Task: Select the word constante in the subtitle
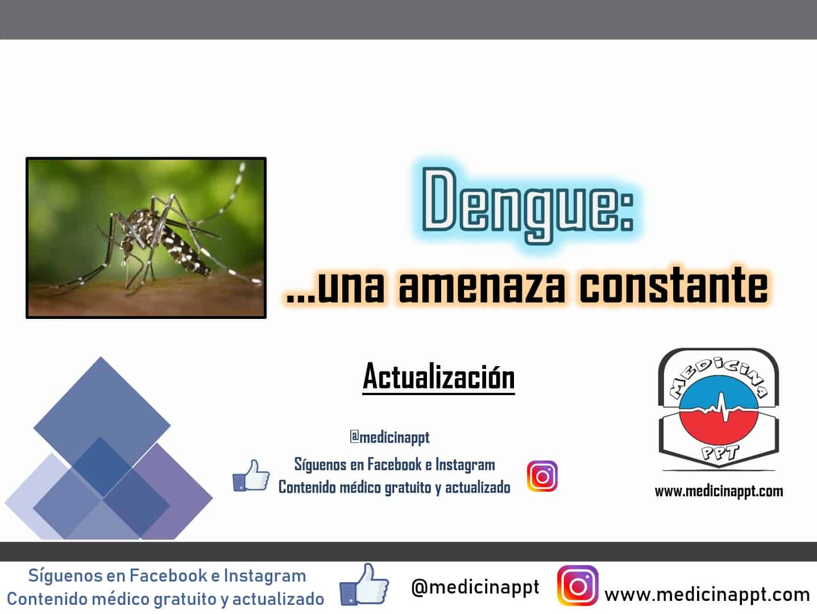673,285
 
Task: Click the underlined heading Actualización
438,377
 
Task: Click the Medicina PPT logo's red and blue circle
719,417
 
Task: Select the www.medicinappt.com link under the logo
719,492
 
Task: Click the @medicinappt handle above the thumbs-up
389,437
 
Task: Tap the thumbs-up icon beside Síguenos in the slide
251,476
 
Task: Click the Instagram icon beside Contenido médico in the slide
542,476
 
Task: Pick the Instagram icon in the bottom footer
578,586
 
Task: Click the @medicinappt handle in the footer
475,588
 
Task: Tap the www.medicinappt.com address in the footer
707,595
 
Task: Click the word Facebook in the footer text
168,576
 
